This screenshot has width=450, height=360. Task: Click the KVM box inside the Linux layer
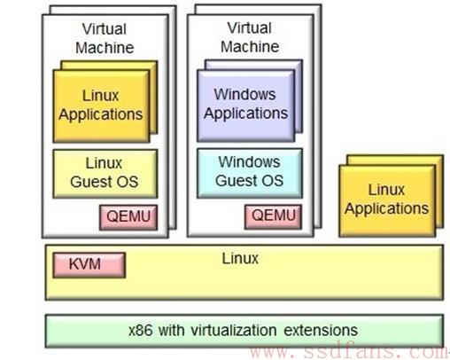click(89, 265)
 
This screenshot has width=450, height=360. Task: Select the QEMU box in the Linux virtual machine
click(128, 217)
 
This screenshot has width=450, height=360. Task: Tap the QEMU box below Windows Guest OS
click(274, 216)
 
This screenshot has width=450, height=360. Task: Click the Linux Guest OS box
click(105, 174)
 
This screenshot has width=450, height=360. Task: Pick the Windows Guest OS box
click(250, 173)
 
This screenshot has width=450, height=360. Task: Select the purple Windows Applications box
click(246, 106)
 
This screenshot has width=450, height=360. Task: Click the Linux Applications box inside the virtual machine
click(101, 106)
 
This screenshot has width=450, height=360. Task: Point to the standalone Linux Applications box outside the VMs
click(387, 200)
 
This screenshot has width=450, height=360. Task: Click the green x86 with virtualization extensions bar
click(244, 331)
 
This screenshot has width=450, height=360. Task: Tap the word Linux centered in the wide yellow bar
click(240, 259)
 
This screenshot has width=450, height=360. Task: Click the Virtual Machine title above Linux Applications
click(105, 38)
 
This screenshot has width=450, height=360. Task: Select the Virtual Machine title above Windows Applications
click(250, 37)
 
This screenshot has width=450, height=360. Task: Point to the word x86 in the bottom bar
click(141, 330)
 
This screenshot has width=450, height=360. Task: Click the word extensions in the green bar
click(321, 330)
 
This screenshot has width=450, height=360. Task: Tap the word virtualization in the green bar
click(234, 330)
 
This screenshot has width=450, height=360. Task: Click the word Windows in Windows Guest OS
click(249, 162)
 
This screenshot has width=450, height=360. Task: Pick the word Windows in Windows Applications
click(244, 95)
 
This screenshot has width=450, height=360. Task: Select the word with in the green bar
click(172, 330)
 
